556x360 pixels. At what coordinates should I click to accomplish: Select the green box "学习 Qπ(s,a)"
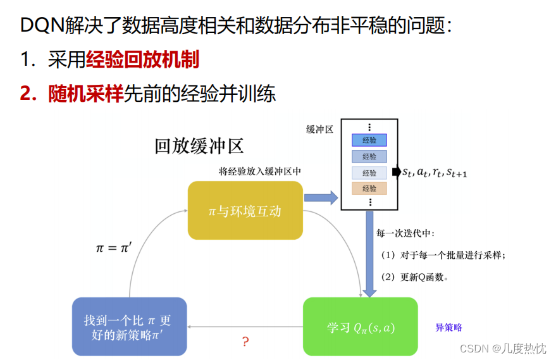pyautogui.click(x=360, y=326)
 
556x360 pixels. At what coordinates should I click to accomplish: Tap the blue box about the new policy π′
pyautogui.click(x=129, y=326)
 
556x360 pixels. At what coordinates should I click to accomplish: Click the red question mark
pyautogui.click(x=245, y=342)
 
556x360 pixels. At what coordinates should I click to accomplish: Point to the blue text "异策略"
pyautogui.click(x=448, y=327)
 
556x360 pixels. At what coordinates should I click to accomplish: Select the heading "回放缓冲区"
pyautogui.click(x=199, y=146)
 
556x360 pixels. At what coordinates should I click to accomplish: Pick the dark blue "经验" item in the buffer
pyautogui.click(x=369, y=140)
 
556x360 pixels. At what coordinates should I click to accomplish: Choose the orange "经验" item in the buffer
pyautogui.click(x=369, y=188)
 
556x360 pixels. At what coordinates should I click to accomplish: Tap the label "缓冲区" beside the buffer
pyautogui.click(x=319, y=129)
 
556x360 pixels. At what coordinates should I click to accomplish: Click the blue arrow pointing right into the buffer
pyautogui.click(x=321, y=197)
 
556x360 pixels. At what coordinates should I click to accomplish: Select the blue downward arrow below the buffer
pyautogui.click(x=369, y=253)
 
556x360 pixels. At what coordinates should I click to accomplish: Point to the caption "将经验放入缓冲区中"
pyautogui.click(x=259, y=171)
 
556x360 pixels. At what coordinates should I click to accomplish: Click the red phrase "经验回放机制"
pyautogui.click(x=142, y=59)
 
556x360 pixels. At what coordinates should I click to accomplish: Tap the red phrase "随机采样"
pyautogui.click(x=86, y=94)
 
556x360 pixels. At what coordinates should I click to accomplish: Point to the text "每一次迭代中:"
pyautogui.click(x=405, y=233)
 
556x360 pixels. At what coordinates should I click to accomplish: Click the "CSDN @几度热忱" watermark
pyautogui.click(x=502, y=348)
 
